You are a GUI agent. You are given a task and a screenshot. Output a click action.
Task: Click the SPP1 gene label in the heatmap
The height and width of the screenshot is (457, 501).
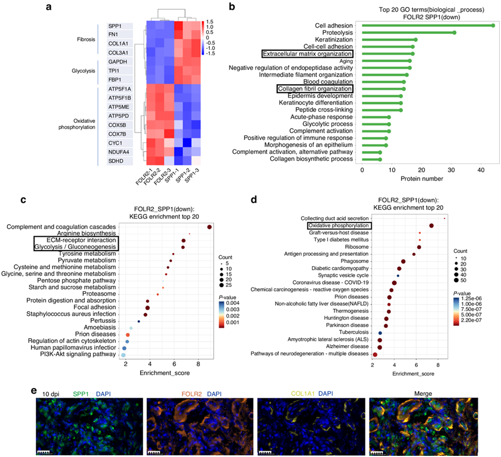click(x=114, y=26)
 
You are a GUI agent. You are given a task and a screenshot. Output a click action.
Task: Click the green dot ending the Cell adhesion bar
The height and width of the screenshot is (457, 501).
click(x=493, y=25)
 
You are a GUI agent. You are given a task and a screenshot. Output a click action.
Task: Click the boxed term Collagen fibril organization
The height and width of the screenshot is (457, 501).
click(x=314, y=89)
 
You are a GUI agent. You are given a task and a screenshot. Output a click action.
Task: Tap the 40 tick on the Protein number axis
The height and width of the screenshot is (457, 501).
click(x=481, y=171)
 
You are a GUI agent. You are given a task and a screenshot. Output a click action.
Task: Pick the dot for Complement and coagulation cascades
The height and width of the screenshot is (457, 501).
click(x=209, y=226)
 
